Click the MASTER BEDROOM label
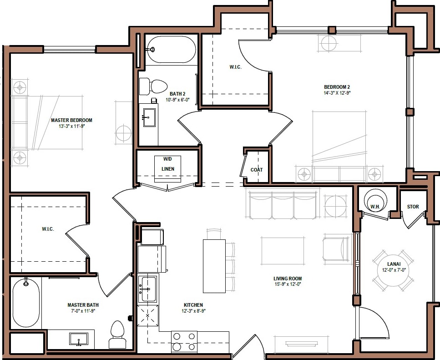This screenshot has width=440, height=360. pyautogui.click(x=71, y=120)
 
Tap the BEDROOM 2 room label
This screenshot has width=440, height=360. pyautogui.click(x=337, y=87)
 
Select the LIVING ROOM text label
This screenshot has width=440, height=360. pyautogui.click(x=288, y=279)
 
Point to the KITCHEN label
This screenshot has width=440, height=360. pyautogui.click(x=193, y=305)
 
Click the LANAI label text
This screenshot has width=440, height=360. pyautogui.click(x=394, y=264)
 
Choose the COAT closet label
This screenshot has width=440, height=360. pyautogui.click(x=257, y=170)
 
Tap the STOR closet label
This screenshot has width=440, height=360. pyautogui.click(x=413, y=207)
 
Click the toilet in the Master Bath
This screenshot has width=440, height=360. pyautogui.click(x=117, y=335)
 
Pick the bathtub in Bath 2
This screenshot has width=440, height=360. pyautogui.click(x=172, y=49)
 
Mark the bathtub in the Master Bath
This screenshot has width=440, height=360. pyautogui.click(x=25, y=304)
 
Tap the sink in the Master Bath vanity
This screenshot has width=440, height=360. pyautogui.click(x=79, y=339)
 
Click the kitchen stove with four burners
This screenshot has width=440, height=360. pyautogui.click(x=184, y=341)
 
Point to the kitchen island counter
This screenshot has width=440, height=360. pyautogui.click(x=213, y=266)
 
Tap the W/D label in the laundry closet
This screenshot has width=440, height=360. pyautogui.click(x=167, y=159)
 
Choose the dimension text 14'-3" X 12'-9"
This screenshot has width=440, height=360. pyautogui.click(x=337, y=93)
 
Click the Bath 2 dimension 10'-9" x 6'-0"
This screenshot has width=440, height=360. pyautogui.click(x=175, y=100)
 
